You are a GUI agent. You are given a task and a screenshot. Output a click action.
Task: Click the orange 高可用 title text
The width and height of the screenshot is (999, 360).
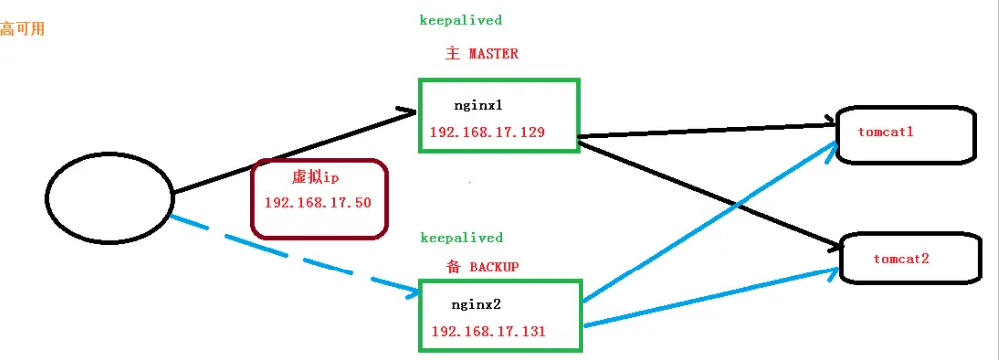coord(21,28)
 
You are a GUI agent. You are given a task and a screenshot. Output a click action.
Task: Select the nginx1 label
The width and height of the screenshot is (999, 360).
coord(478,101)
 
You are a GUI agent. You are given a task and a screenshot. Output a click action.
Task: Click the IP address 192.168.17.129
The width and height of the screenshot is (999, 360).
coord(487,131)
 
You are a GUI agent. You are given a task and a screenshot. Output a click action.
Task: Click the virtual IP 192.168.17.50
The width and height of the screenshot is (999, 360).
coord(318,202)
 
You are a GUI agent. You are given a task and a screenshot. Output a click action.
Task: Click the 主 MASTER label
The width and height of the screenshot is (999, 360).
coord(476,53)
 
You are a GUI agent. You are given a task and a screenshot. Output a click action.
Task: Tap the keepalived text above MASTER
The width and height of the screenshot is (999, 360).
coord(460,19)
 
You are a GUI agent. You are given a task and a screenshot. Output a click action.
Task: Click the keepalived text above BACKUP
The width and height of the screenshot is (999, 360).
coord(460,238)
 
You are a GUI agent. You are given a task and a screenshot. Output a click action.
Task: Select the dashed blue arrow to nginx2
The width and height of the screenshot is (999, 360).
coord(298,256)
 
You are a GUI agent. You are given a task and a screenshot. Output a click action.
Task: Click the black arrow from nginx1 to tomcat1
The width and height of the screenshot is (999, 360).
coord(706,129)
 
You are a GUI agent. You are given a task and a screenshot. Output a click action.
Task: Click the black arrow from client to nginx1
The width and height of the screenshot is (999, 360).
coord(298,149)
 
